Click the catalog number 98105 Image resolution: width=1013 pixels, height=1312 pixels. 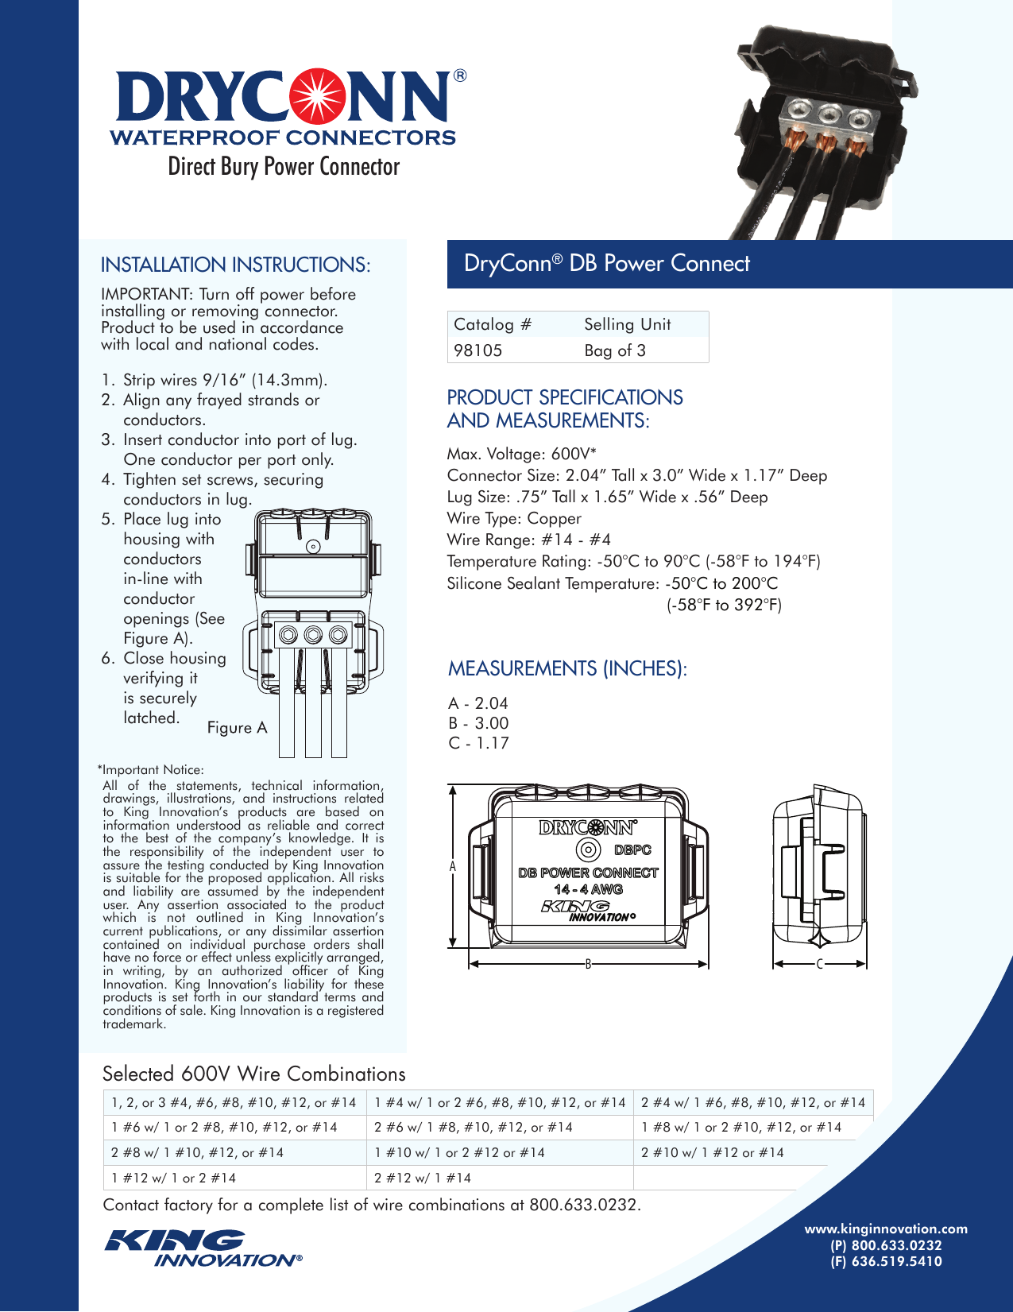[x=478, y=350]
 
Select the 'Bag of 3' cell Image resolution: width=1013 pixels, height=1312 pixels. [x=614, y=350]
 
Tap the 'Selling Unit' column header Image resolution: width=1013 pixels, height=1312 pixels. [x=627, y=324]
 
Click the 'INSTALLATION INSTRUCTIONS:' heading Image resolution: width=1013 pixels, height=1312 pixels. [x=235, y=265]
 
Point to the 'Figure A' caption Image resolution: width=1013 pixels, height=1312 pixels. [x=237, y=728]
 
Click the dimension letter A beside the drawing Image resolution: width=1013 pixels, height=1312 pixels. [x=453, y=866]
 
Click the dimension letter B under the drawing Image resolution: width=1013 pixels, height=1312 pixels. [x=588, y=964]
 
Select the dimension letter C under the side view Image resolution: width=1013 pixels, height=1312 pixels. [x=819, y=964]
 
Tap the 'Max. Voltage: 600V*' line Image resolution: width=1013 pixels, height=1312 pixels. [x=521, y=454]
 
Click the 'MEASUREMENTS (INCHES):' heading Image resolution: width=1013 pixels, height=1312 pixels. [x=567, y=668]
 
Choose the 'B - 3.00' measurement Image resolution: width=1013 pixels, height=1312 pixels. [x=478, y=723]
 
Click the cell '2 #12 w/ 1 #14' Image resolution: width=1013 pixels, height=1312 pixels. [x=423, y=1178]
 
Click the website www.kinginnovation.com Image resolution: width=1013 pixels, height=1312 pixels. [x=886, y=1229]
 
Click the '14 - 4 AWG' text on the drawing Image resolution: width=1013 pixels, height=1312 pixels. [x=588, y=889]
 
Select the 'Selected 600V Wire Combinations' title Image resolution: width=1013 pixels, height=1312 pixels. [x=253, y=1074]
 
